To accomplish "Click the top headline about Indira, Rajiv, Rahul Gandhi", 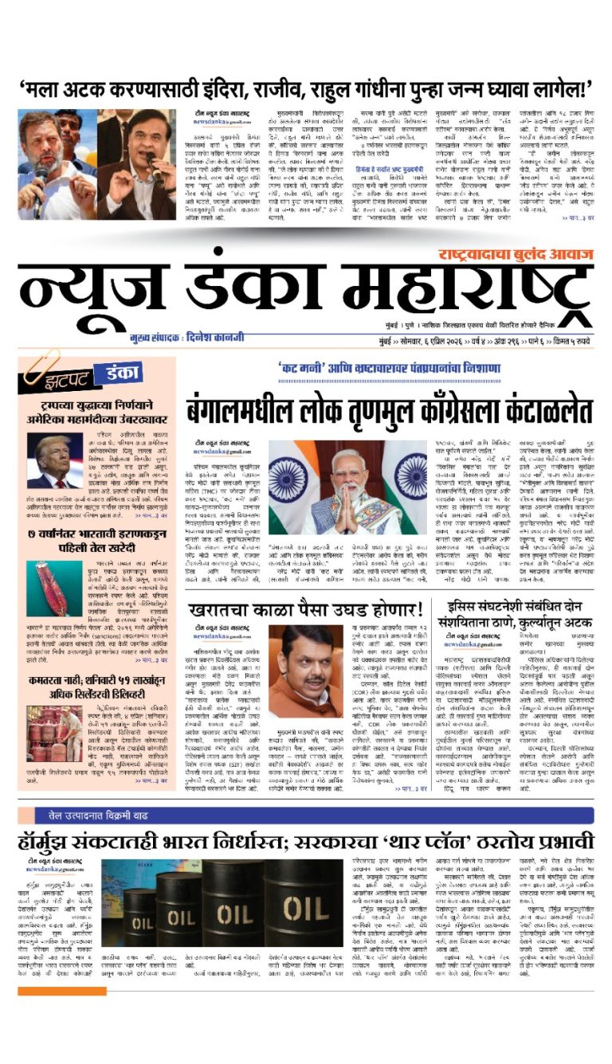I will (x=305, y=87).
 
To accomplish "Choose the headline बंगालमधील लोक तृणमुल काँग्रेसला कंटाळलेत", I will (x=390, y=411).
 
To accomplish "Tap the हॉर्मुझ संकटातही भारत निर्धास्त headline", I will (x=306, y=842).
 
